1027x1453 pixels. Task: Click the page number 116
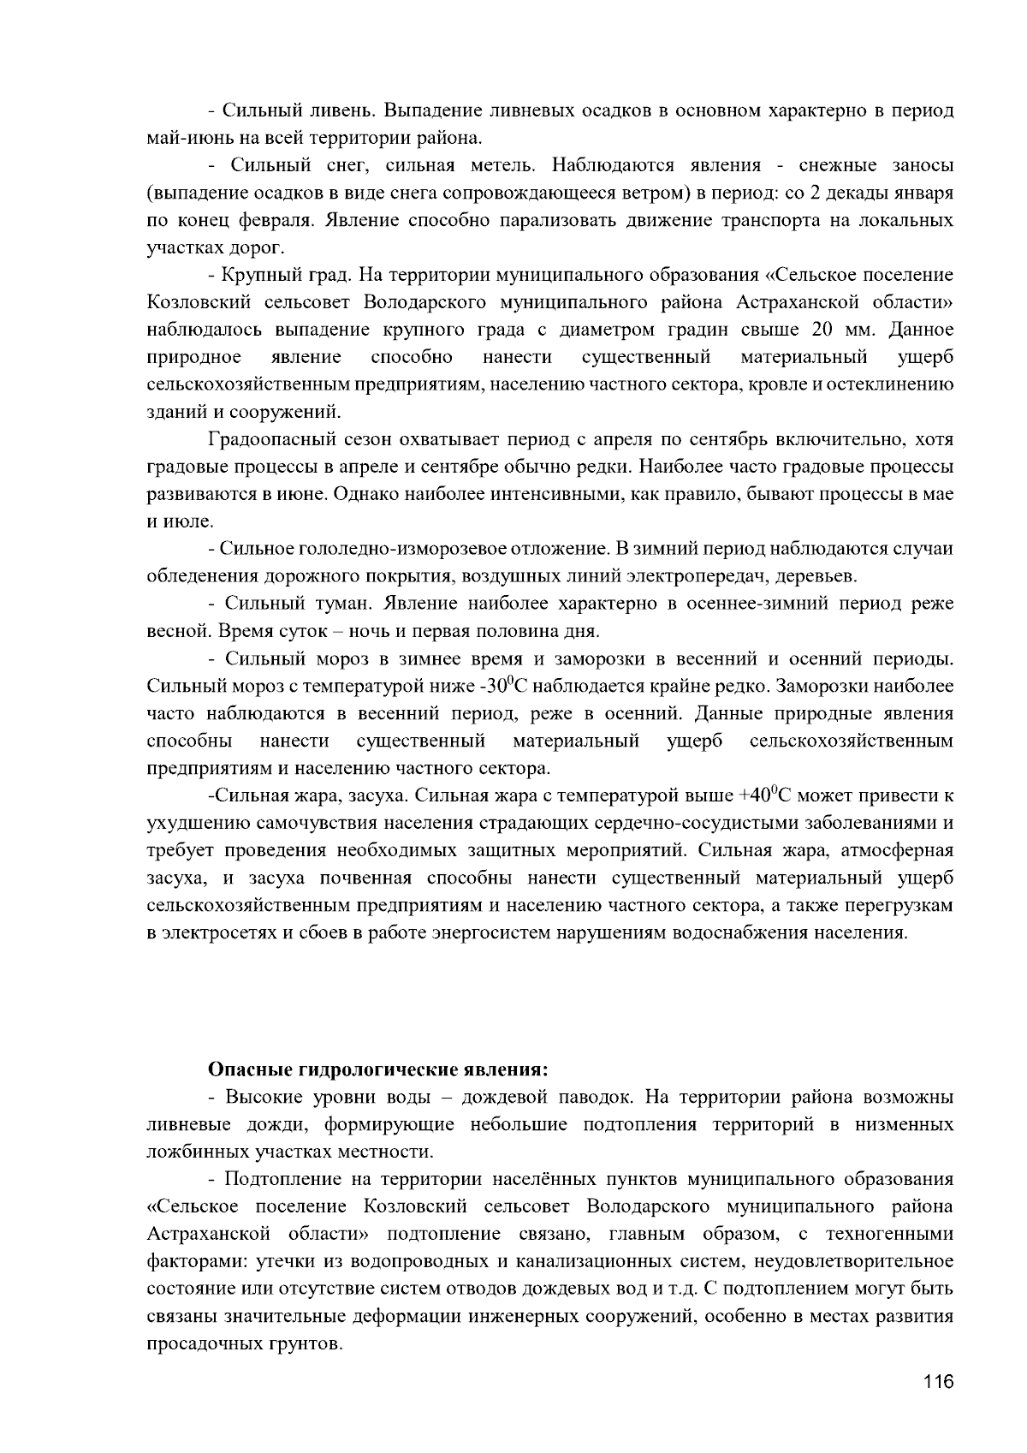[x=938, y=1383]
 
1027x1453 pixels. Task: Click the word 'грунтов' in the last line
[x=309, y=1343]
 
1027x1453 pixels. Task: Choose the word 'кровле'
[x=770, y=384]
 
